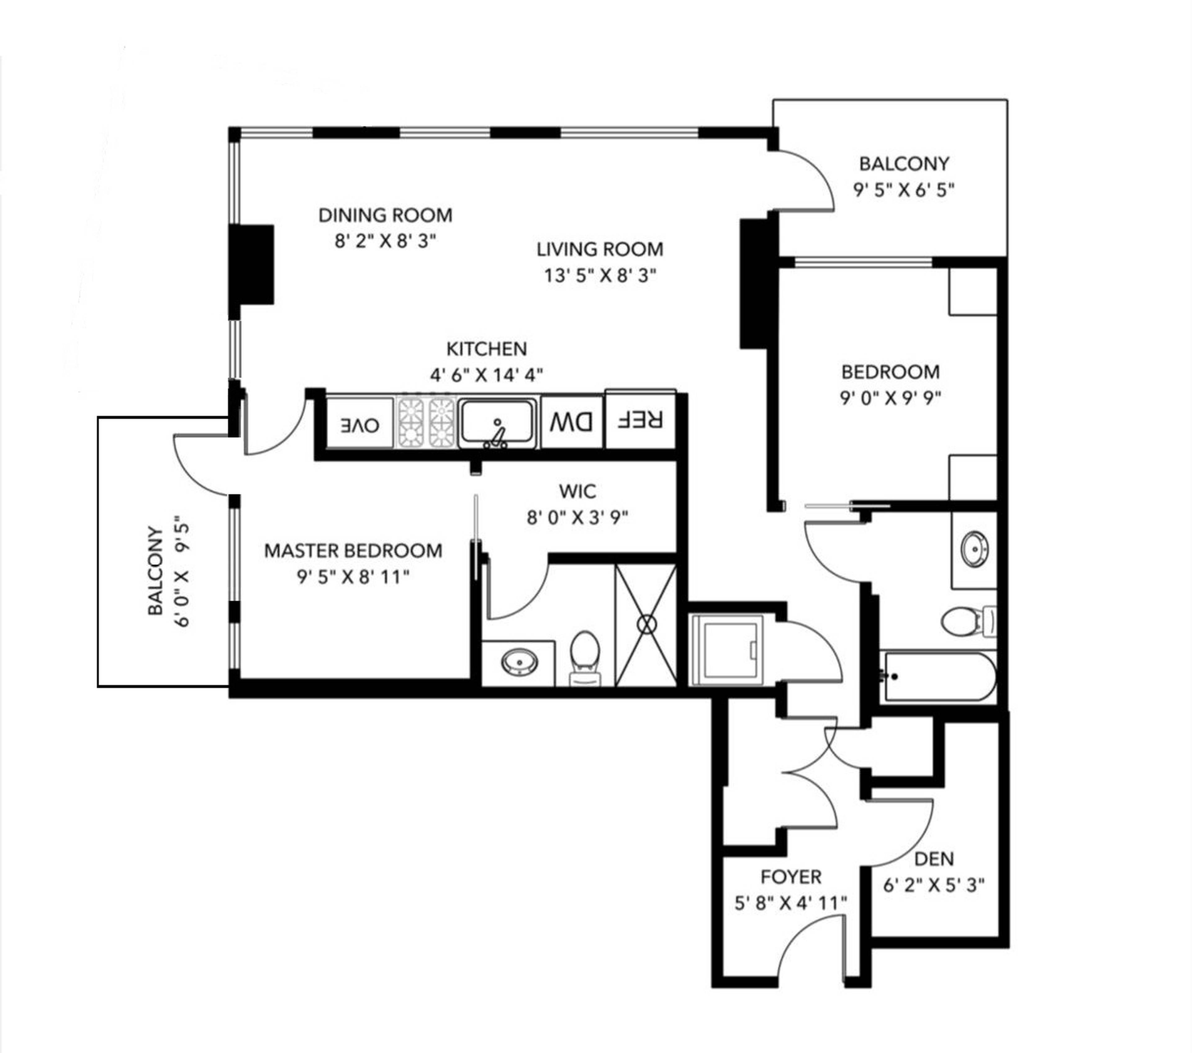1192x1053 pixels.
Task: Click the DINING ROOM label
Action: (385, 215)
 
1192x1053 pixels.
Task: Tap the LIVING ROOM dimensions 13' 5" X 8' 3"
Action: (600, 275)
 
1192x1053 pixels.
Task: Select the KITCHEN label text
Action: (486, 349)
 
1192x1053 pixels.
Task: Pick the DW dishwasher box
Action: (571, 422)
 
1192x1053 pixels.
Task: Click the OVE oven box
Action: (359, 424)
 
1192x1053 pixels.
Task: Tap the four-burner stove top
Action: (426, 422)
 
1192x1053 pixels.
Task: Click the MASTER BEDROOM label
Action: (353, 550)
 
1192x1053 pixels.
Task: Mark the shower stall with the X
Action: (646, 625)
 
